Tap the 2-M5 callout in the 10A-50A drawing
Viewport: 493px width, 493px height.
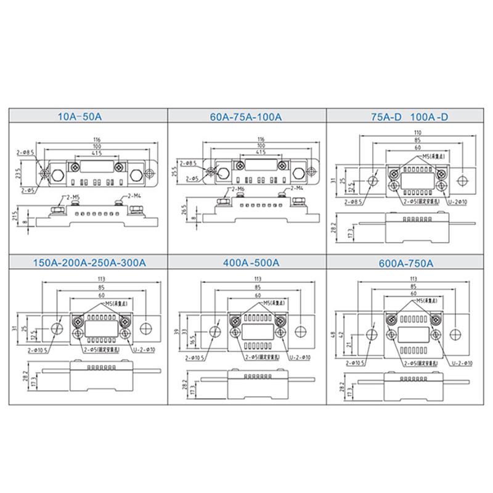[x=73, y=197]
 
